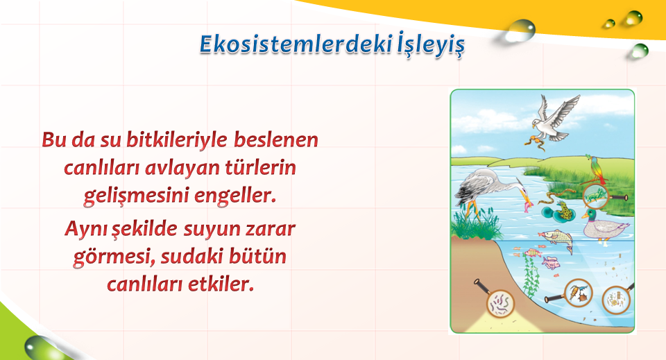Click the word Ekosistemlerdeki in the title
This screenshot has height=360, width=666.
(296, 44)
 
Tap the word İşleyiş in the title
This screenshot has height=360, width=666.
(431, 44)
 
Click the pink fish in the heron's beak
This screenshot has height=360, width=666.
(528, 206)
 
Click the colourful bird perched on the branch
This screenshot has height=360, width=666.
(595, 169)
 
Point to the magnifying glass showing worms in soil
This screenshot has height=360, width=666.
(498, 300)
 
